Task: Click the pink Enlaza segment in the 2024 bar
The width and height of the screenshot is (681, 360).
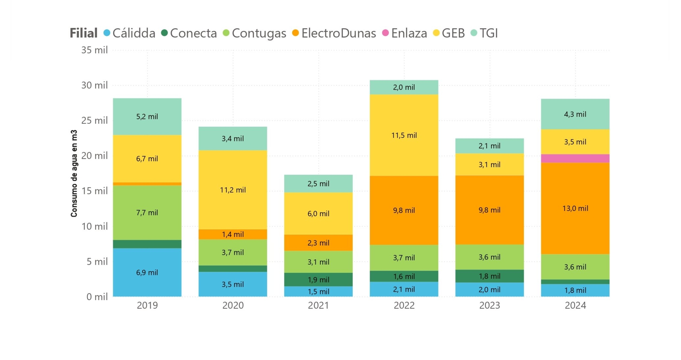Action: click(x=575, y=158)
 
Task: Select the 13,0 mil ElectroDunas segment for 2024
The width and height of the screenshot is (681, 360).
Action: click(x=575, y=208)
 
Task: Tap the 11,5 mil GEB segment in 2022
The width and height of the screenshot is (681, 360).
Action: click(x=404, y=135)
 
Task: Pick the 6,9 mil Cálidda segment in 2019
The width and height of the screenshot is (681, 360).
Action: click(x=147, y=272)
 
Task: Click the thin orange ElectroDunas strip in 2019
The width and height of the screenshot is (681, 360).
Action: click(x=147, y=184)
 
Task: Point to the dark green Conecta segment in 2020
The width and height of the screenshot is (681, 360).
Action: click(x=233, y=269)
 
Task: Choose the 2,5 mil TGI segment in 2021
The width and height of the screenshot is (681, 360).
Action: click(x=318, y=184)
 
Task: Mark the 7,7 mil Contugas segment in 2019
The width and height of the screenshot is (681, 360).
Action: click(x=147, y=213)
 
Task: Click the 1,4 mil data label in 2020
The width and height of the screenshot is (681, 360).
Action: click(x=233, y=234)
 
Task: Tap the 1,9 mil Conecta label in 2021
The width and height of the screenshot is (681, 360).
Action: click(x=318, y=280)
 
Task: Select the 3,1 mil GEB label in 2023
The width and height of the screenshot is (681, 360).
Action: click(x=489, y=165)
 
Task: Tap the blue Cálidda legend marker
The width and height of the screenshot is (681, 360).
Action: click(x=107, y=33)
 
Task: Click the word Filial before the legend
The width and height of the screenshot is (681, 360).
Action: click(x=83, y=33)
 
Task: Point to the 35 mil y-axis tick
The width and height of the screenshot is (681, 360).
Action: click(x=94, y=50)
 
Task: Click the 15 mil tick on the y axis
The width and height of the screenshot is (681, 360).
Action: click(x=94, y=191)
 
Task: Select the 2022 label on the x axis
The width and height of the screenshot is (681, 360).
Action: click(x=404, y=305)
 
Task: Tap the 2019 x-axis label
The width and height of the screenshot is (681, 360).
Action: click(x=147, y=305)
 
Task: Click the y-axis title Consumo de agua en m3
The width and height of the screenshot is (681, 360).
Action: click(x=74, y=173)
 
